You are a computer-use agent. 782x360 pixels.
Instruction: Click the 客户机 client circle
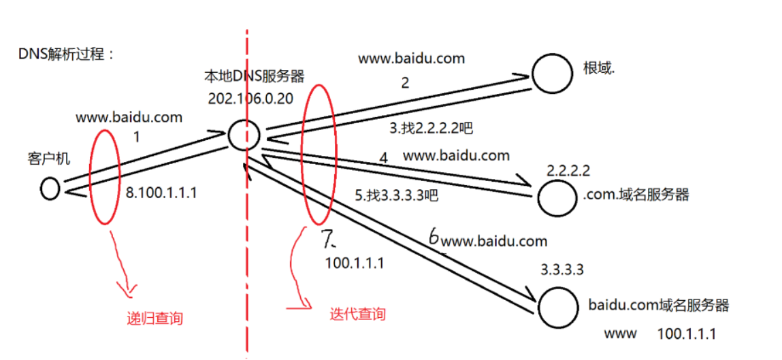(50, 189)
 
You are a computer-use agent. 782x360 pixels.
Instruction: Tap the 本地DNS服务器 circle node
(243, 135)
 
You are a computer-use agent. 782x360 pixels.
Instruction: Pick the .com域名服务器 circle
(557, 197)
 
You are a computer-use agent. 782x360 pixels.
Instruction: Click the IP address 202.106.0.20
(250, 98)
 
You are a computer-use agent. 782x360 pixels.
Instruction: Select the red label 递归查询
(155, 318)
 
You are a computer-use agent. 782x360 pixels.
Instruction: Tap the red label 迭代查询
(357, 314)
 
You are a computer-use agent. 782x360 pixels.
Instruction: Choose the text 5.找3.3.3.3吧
(395, 195)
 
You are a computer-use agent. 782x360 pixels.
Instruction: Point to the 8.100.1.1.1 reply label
(161, 193)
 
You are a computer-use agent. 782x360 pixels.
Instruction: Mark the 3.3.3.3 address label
(561, 270)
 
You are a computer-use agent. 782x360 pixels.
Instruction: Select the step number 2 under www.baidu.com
(405, 84)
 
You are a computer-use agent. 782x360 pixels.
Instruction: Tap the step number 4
(383, 158)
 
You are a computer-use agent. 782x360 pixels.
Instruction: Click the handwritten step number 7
(329, 238)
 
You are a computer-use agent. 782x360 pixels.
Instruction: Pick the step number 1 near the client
(136, 137)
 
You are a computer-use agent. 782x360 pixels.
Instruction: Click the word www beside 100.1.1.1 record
(620, 333)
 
